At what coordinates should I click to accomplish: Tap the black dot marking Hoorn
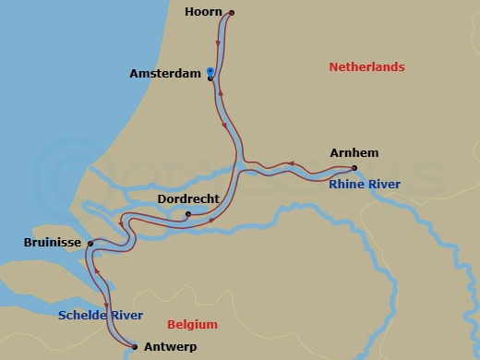[x=232, y=13]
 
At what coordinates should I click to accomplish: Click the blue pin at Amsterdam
[x=210, y=71]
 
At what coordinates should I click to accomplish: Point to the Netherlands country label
[x=366, y=67]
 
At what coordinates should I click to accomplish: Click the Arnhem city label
[x=354, y=152]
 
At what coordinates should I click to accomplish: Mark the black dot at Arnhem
[x=354, y=168]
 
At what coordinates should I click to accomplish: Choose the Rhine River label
[x=365, y=185]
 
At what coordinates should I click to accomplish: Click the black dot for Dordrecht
[x=188, y=215]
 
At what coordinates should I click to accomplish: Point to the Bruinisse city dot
[x=90, y=244]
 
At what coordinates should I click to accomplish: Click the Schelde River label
[x=101, y=316]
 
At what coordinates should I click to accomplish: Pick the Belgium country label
[x=192, y=325]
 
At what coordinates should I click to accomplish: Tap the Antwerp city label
[x=172, y=347]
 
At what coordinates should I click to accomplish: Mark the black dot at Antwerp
[x=135, y=347]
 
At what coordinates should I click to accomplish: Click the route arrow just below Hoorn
[x=219, y=42]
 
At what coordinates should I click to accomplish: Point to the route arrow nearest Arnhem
[x=291, y=164]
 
